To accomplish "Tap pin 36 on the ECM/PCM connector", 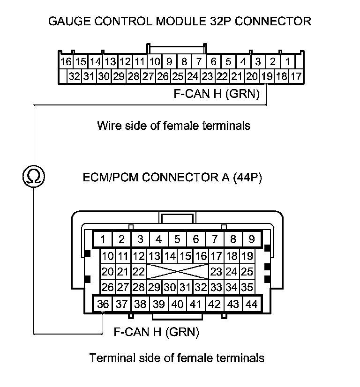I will (x=103, y=304).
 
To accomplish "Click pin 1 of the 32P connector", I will (x=288, y=61).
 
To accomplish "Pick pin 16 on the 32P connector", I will (x=66, y=61).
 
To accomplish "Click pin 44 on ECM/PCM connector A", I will (x=252, y=304).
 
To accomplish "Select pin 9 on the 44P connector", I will (x=252, y=240).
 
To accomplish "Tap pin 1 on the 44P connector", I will (x=103, y=240).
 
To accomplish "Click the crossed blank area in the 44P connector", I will (x=177, y=271).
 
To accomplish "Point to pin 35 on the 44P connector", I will (x=247, y=287).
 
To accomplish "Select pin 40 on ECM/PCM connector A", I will (x=177, y=304).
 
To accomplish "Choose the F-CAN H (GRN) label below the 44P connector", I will (x=157, y=332).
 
